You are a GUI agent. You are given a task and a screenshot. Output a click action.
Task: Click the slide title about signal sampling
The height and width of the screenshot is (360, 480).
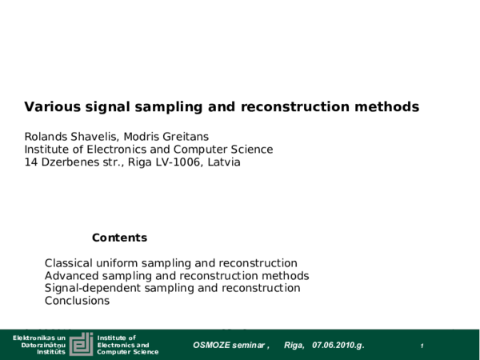(222, 106)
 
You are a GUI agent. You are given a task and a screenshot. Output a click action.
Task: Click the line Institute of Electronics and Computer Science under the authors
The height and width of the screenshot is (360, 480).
(149, 149)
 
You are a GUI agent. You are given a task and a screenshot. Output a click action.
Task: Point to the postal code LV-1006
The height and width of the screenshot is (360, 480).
(181, 162)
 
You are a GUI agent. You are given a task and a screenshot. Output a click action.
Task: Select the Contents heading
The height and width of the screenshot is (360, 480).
(119, 238)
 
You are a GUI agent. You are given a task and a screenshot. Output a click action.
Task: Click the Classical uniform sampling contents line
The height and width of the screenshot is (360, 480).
(171, 263)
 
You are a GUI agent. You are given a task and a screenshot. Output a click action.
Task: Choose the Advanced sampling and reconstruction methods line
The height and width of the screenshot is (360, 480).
(177, 276)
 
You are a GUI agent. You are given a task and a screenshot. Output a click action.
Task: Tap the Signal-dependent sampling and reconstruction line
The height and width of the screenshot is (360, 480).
(173, 288)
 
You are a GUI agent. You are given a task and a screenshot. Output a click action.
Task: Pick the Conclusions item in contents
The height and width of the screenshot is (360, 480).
(77, 301)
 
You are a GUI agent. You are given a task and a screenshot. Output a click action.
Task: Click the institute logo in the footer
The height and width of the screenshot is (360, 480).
(81, 345)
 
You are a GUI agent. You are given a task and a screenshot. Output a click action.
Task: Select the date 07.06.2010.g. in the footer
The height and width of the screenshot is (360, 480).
(338, 345)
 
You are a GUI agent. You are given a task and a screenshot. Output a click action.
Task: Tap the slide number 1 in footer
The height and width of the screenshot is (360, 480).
(422, 346)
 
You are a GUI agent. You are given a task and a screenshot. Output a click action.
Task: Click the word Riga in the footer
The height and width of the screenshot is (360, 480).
(294, 345)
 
